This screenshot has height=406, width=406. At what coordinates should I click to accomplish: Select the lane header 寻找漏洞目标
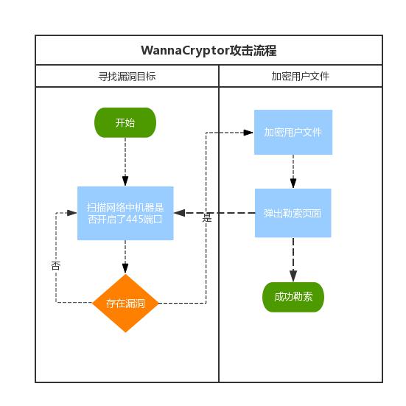(127, 76)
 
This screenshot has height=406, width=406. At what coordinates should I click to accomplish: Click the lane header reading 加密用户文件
(300, 76)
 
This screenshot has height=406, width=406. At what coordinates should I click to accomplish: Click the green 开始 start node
(125, 123)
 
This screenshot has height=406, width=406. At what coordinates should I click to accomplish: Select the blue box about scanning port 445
(125, 213)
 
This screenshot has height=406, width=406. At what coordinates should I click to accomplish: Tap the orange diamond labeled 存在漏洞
(125, 303)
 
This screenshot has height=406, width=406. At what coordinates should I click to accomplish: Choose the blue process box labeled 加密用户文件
(293, 133)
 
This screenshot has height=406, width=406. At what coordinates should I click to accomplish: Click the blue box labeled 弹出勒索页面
(293, 213)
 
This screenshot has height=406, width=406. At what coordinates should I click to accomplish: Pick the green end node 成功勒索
(293, 297)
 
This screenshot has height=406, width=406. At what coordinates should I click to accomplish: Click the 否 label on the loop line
(56, 265)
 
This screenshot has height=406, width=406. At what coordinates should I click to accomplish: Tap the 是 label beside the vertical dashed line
(207, 218)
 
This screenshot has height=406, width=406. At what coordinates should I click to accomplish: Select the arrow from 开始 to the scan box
(125, 162)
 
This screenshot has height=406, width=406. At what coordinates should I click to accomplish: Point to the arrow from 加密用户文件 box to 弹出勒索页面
(293, 172)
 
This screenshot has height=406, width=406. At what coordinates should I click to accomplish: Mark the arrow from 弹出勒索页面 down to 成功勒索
(293, 259)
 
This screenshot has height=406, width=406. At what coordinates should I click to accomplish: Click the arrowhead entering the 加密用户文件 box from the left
(249, 133)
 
